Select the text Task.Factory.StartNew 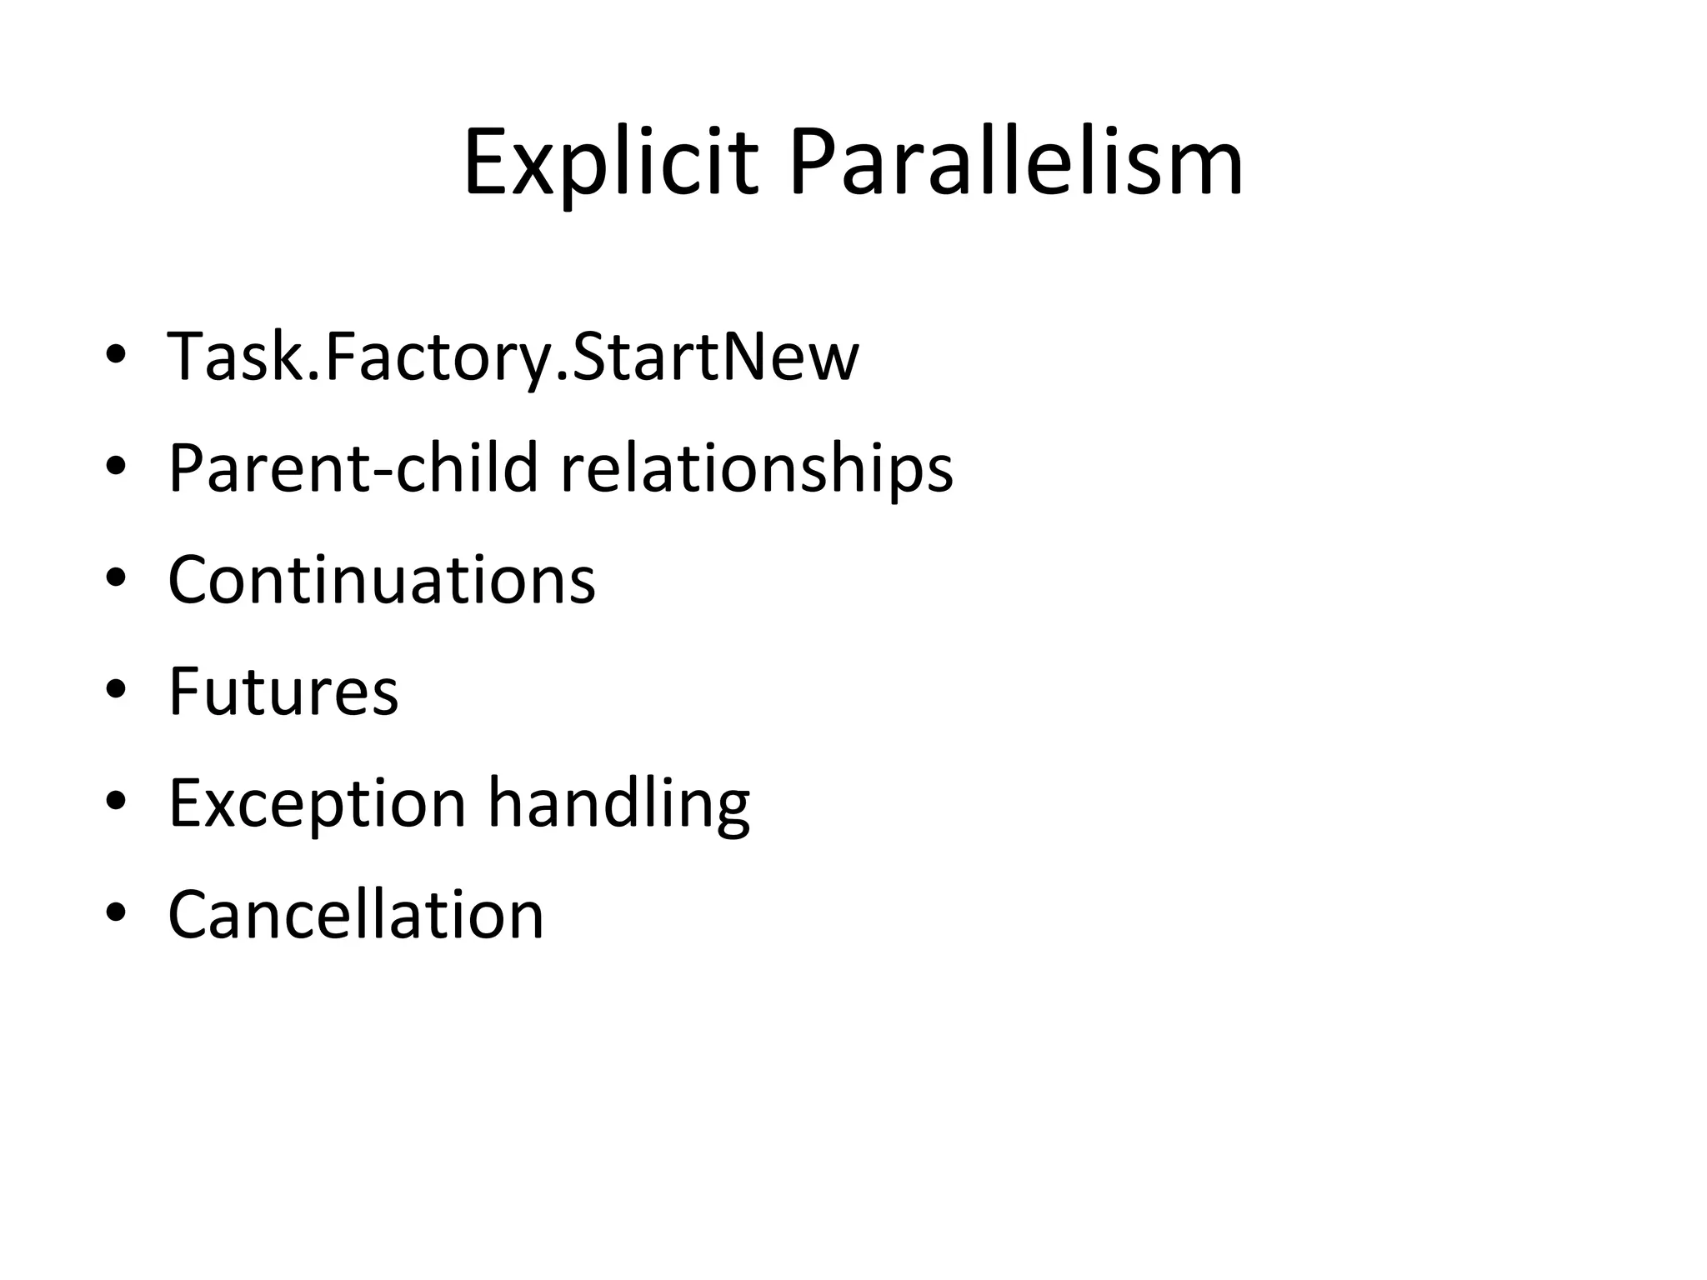tap(513, 357)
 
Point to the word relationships tap(756, 467)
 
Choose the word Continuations tap(382, 579)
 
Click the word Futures tap(283, 691)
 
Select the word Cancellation tap(356, 914)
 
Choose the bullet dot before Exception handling tap(116, 802)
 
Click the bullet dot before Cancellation tap(116, 913)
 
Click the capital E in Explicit tap(485, 162)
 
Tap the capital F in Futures tap(185, 691)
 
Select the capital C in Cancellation tap(192, 914)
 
